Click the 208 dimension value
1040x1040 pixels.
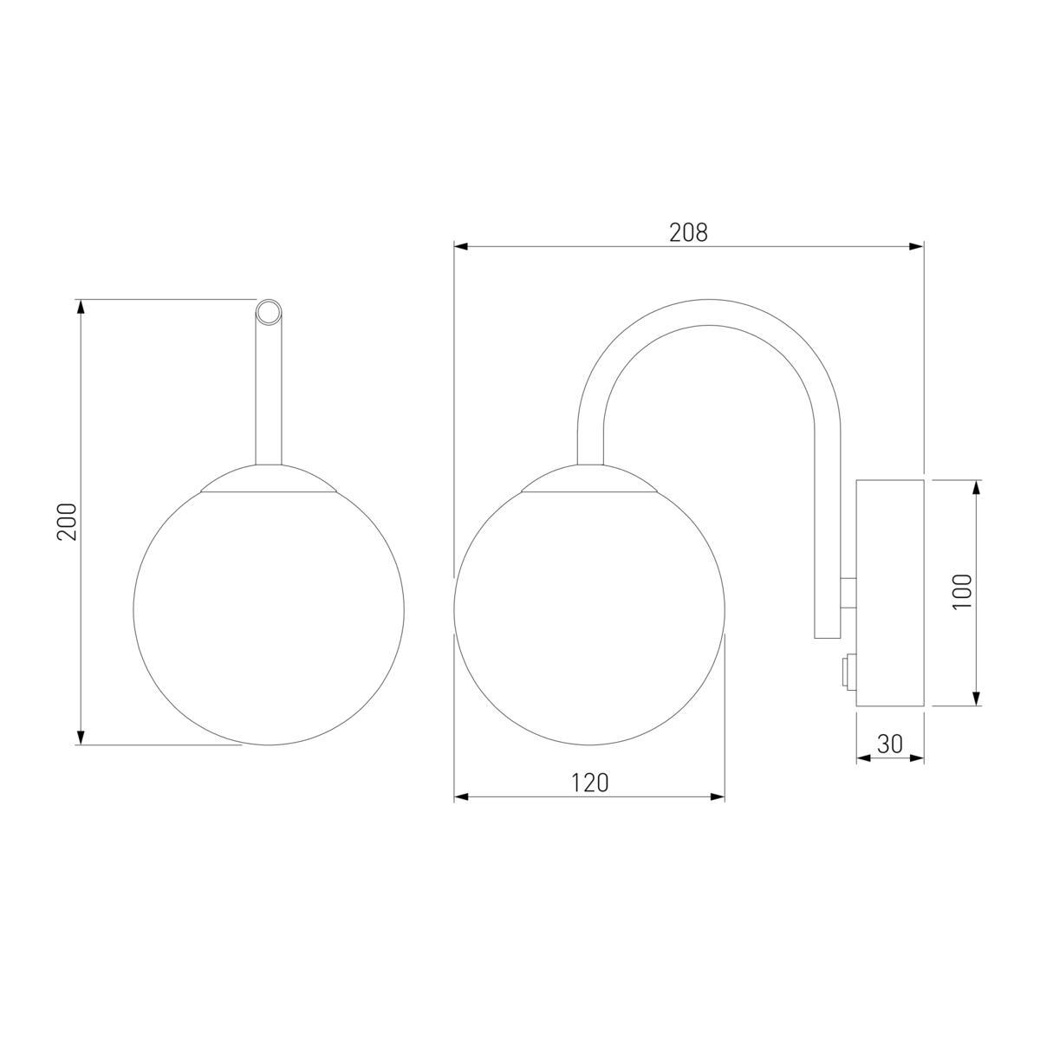click(688, 232)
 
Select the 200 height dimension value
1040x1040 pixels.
click(68, 522)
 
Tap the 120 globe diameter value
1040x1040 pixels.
click(590, 783)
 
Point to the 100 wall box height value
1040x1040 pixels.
click(962, 592)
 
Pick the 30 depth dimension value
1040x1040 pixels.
click(890, 744)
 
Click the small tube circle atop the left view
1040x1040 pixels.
click(268, 312)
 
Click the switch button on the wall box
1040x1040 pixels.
click(848, 672)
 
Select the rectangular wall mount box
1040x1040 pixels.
click(890, 593)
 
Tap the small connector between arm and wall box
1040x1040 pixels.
click(848, 592)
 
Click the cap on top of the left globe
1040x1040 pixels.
click(268, 478)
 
